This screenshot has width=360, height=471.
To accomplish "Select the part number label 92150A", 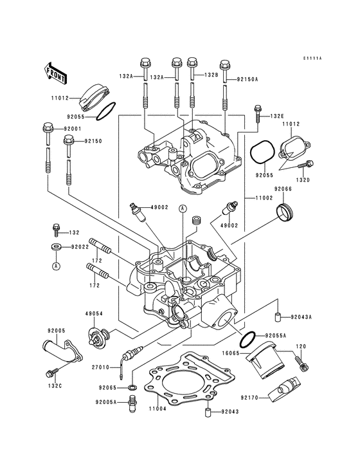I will [247, 79].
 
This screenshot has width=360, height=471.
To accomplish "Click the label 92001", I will [73, 128].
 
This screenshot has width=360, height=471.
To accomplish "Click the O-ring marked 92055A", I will [248, 337].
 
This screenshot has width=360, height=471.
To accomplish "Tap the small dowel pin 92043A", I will [278, 317].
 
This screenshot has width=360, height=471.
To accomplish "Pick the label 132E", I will [276, 116].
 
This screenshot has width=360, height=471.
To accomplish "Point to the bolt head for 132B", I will [192, 63].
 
